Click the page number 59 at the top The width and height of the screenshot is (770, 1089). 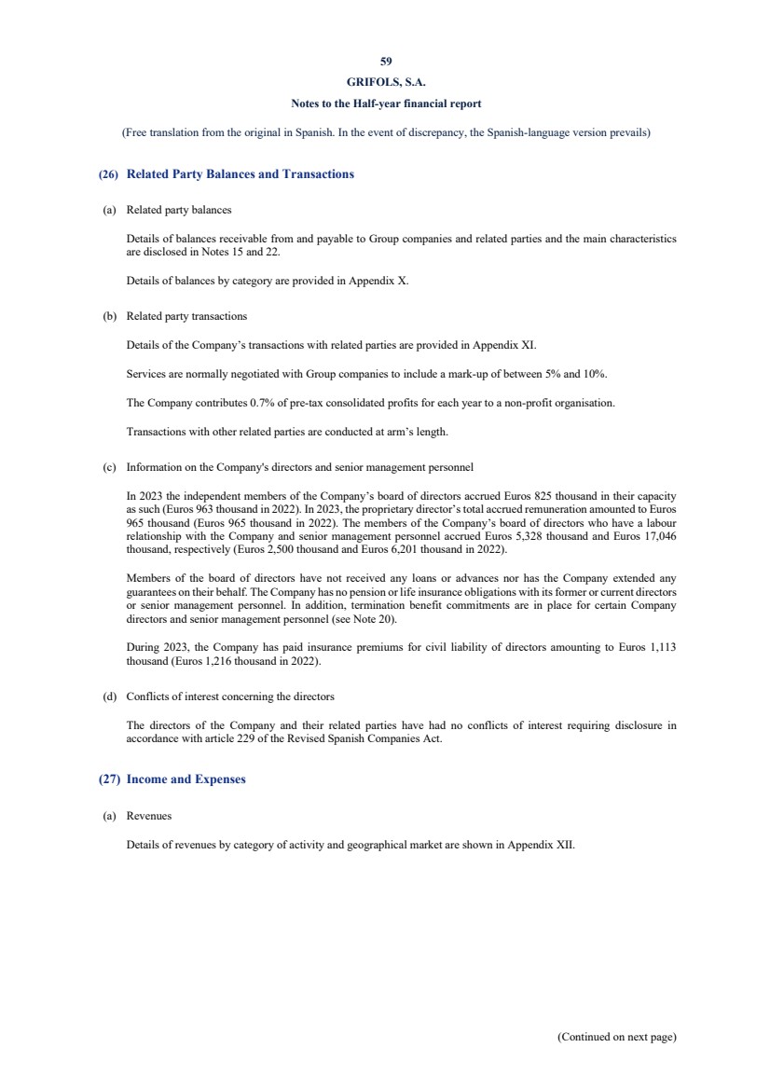click(x=386, y=61)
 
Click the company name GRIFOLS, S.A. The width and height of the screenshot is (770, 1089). click(x=386, y=82)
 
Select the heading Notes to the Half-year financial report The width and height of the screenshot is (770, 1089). click(x=386, y=103)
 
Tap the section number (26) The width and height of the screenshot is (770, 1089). click(x=108, y=174)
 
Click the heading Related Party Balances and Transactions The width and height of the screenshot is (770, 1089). click(x=240, y=174)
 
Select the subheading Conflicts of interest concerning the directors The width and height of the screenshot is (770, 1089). click(x=230, y=696)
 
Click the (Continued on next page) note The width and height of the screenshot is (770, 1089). click(x=616, y=1037)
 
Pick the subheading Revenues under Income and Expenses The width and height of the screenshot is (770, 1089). click(x=149, y=816)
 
